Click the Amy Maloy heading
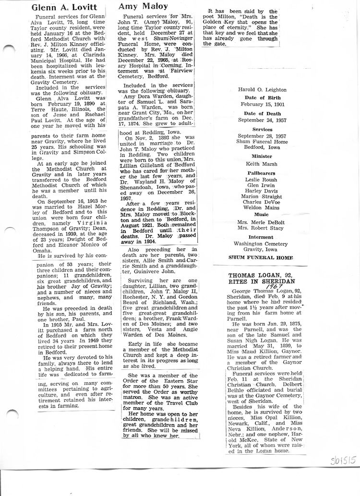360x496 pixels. click(x=143, y=7)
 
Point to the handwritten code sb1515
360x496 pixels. click(x=344, y=461)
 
